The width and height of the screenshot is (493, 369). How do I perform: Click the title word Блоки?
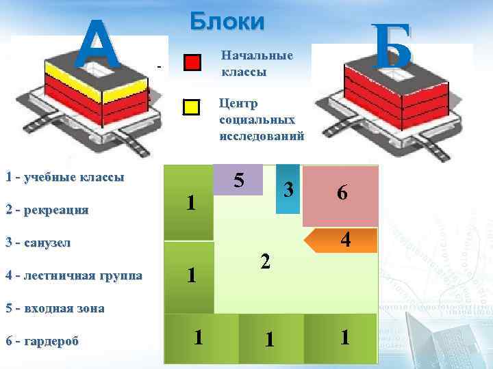(227, 22)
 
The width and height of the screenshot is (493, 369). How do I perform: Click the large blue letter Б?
(393, 46)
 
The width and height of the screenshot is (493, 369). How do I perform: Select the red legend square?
(192, 63)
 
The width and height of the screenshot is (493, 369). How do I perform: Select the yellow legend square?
(192, 107)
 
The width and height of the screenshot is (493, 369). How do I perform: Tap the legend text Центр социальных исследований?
(261, 120)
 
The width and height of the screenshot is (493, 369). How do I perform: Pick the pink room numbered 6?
(340, 195)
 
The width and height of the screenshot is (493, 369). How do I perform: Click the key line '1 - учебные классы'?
(65, 178)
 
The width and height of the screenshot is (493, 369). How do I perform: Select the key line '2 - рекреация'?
(47, 210)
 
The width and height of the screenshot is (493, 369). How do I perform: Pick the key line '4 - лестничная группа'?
(74, 275)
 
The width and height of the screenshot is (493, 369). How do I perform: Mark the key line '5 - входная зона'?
(55, 308)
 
